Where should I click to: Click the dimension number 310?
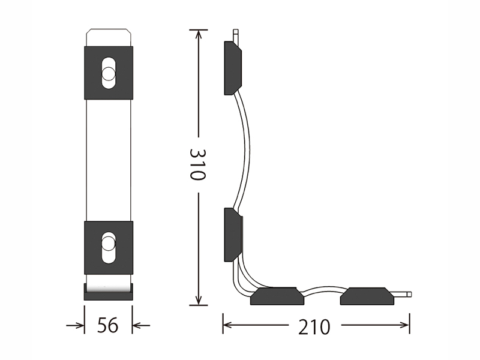[x=198, y=164]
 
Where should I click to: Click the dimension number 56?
[x=108, y=325]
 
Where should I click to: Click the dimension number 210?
[x=314, y=326]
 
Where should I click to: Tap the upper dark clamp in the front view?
[x=109, y=73]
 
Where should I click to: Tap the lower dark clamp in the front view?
[x=109, y=247]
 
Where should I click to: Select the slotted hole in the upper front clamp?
[x=109, y=73]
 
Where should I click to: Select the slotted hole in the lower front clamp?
[x=109, y=247]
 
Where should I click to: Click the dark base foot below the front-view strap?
[x=109, y=292]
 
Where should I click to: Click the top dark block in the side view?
[x=233, y=68]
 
